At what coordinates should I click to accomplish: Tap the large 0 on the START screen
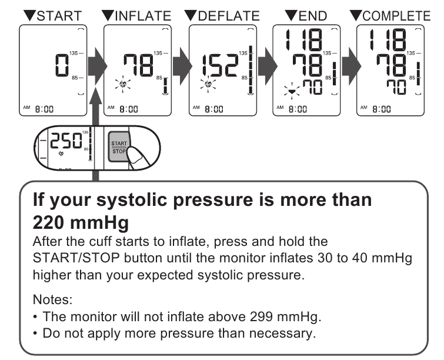point(62,65)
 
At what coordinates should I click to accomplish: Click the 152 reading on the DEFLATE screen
point(220,66)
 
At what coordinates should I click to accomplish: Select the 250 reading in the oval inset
point(66,141)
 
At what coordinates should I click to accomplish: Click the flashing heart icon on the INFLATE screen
point(123,84)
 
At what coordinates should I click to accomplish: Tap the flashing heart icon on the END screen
point(292,91)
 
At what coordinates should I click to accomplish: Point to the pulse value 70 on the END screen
point(312,87)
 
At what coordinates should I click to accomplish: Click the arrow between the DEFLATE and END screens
point(268,66)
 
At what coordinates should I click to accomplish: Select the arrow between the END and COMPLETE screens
point(352,66)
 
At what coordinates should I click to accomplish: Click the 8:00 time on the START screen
point(44,109)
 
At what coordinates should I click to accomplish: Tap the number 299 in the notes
point(261,316)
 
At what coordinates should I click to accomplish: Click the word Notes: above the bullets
point(53,299)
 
